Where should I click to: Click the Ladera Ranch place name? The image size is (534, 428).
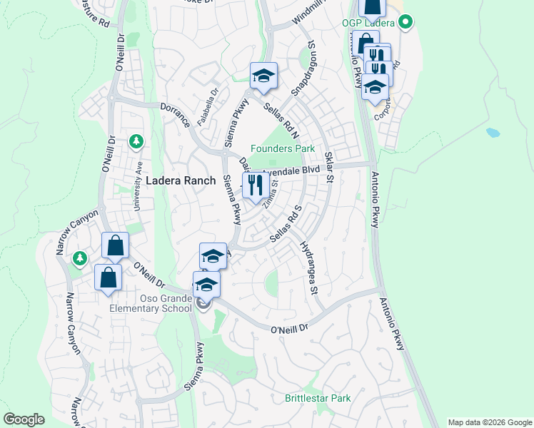pyautogui.click(x=181, y=181)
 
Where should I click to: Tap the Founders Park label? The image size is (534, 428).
pyautogui.click(x=283, y=149)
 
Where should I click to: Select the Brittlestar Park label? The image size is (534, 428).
pyautogui.click(x=318, y=398)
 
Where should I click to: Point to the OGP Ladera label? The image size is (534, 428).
pyautogui.click(x=368, y=23)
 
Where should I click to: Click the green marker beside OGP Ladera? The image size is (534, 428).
pyautogui.click(x=405, y=22)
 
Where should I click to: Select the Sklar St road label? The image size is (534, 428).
pyautogui.click(x=329, y=165)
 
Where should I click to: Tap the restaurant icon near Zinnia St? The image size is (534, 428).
pyautogui.click(x=254, y=186)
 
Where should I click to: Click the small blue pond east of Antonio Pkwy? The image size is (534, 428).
pyautogui.click(x=493, y=133)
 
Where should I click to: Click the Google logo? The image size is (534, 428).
pyautogui.click(x=24, y=419)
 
